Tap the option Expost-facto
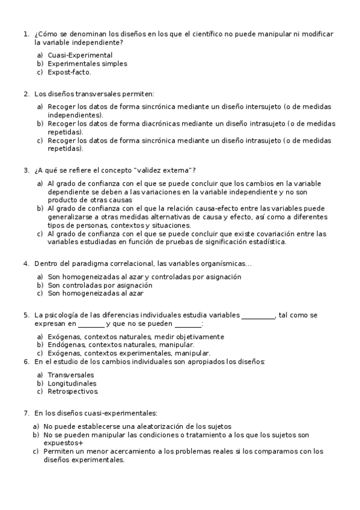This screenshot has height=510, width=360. click(x=69, y=72)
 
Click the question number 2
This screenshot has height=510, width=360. click(x=26, y=94)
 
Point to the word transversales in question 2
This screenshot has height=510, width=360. click(x=97, y=94)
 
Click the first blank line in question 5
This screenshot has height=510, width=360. click(x=258, y=315)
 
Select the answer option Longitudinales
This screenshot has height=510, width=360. click(x=72, y=383)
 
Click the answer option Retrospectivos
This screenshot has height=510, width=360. click(x=72, y=392)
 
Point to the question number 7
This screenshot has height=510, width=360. click(x=26, y=413)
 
